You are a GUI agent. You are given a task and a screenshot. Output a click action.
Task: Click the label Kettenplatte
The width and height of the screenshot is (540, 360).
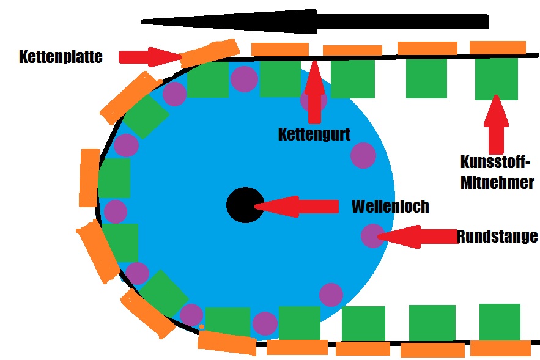click(x=61, y=57)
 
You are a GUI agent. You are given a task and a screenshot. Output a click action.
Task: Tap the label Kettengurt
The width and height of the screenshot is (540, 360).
click(x=314, y=134)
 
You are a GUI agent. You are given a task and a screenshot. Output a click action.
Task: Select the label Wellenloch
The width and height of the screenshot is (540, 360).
click(x=390, y=207)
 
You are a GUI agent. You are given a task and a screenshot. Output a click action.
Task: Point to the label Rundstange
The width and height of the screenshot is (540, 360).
click(x=497, y=236)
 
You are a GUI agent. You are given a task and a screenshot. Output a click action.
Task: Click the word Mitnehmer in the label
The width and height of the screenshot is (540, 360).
click(x=497, y=182)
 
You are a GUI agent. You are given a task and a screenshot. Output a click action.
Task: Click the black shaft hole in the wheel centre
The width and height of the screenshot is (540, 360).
click(x=245, y=205)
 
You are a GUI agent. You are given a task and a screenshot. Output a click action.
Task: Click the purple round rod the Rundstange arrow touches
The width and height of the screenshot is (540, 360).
click(x=372, y=235)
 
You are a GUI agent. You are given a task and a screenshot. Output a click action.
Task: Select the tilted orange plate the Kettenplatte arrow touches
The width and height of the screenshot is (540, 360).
click(x=209, y=53)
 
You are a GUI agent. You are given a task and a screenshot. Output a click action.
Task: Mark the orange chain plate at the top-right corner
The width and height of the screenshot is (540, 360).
click(x=497, y=47)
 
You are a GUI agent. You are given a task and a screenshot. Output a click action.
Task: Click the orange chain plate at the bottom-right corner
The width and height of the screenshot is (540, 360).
click(x=500, y=348)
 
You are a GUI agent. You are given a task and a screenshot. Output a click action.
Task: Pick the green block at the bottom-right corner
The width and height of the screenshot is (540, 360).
click(x=500, y=321)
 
